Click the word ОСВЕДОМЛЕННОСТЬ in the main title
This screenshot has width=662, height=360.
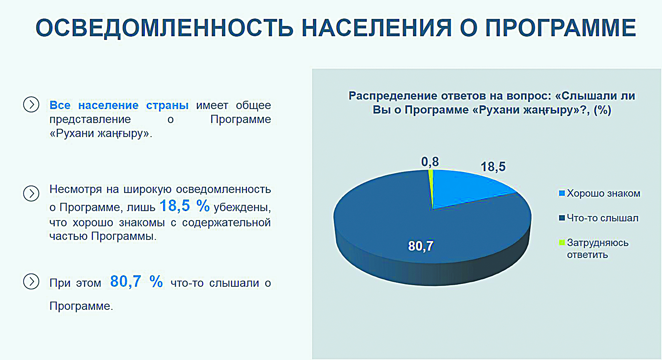pos(164,28)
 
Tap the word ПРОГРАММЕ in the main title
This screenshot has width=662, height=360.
pos(561,27)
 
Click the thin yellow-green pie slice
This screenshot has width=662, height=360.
pos(431,181)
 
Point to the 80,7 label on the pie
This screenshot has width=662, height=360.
pos(421,246)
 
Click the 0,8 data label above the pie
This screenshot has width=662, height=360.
pos(430,162)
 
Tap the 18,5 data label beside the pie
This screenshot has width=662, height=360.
pos(493,166)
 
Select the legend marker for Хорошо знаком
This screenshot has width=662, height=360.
pos(562,194)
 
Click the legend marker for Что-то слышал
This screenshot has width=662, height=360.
pos(562,218)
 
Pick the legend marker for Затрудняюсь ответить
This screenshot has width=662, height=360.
pos(562,243)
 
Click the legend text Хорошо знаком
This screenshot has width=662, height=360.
pos(604,194)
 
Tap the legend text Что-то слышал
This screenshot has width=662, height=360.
pos(603,218)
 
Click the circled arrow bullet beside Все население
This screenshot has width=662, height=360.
pos(31,105)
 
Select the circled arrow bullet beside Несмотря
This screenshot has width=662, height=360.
pos(31,194)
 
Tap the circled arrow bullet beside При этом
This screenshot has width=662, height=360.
pos(31,281)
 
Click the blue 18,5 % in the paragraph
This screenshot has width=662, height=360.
pos(184,206)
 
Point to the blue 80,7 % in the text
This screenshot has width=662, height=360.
pos(137,282)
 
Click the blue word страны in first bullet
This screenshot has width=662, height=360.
pos(167,105)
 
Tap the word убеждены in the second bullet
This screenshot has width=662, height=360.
pos(242,207)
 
